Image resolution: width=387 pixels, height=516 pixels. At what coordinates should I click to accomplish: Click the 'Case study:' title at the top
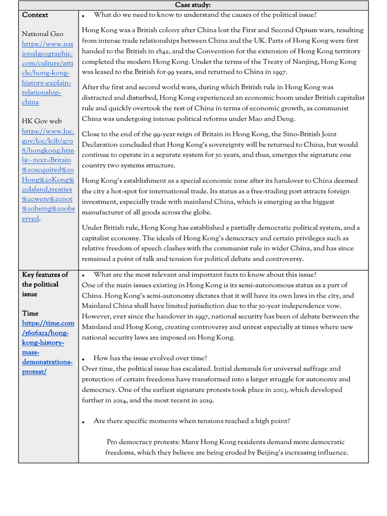pos(193,5)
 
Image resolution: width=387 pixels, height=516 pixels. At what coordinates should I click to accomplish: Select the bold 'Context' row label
pos(35,15)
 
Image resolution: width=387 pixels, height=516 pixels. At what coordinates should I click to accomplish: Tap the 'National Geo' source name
pos(42,34)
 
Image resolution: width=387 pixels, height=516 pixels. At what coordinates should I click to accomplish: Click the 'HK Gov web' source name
pos(41,121)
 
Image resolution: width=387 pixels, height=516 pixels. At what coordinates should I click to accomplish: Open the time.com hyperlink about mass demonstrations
pos(47,347)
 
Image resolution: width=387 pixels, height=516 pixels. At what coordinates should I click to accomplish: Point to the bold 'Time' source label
pos(30,313)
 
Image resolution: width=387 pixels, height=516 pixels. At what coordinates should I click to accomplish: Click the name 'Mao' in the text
pos(263,119)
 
